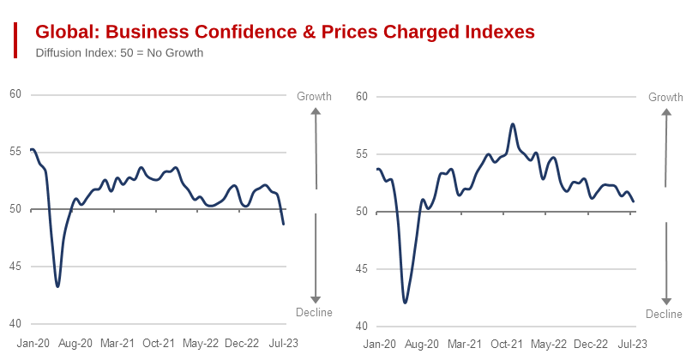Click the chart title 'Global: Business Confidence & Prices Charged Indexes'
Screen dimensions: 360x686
click(x=285, y=32)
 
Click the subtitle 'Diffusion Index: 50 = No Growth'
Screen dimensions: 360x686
click(x=119, y=52)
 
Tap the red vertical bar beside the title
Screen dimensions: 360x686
click(x=15, y=40)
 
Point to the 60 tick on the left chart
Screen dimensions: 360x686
click(x=15, y=94)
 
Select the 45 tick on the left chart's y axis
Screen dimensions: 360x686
click(x=15, y=267)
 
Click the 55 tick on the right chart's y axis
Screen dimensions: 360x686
click(x=361, y=154)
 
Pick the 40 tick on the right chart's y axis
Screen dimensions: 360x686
click(x=361, y=327)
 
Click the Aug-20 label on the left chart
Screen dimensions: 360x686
click(x=75, y=343)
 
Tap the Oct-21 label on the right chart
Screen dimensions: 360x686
click(x=507, y=345)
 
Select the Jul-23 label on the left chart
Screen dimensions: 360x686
click(x=284, y=343)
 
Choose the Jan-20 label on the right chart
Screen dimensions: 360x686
click(x=380, y=345)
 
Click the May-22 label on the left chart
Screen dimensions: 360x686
click(x=201, y=343)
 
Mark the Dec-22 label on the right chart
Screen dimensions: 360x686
click(x=591, y=345)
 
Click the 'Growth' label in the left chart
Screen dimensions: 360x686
click(x=314, y=96)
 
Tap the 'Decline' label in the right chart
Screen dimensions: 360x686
click(x=664, y=315)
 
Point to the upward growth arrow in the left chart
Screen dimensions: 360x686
click(x=316, y=146)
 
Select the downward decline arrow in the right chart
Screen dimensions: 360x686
click(x=666, y=261)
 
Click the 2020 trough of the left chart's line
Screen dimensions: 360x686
click(x=57, y=286)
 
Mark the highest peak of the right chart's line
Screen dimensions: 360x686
click(x=513, y=124)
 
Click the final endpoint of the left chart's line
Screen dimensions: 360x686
click(x=284, y=224)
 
